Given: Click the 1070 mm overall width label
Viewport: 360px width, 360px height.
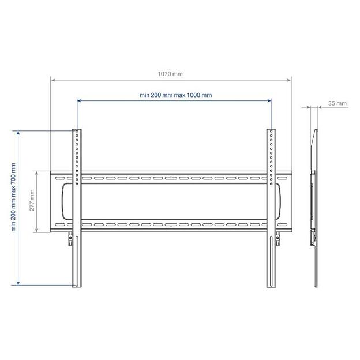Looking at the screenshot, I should coord(170,74).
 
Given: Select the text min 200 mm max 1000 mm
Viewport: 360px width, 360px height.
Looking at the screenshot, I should coord(175,95).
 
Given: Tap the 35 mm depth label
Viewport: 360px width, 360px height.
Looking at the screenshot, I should coord(337,103).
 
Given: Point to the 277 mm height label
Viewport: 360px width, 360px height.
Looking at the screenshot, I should coord(32,202).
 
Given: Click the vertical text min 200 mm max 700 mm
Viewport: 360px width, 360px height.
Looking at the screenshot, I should coord(13,197).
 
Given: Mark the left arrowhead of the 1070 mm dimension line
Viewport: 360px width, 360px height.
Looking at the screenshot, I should coord(52,80).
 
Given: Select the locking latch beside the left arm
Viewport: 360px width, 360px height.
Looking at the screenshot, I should coord(70,238).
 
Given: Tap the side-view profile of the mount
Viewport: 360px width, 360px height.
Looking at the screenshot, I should coord(314,208).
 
